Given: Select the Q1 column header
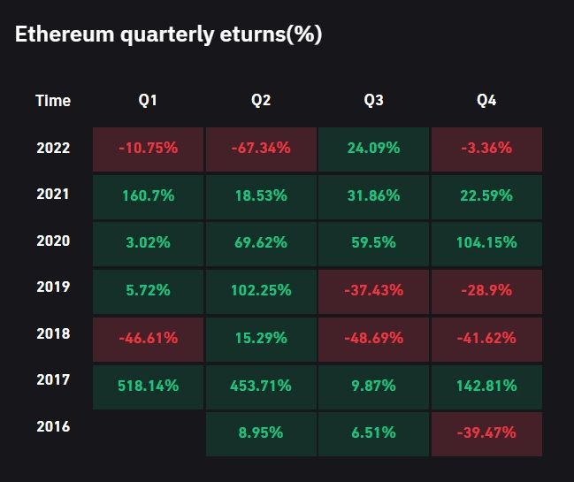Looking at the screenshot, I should (148, 101).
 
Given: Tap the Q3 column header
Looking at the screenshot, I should (373, 101).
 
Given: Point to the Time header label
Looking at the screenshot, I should (53, 101).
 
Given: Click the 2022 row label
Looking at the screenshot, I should (53, 148).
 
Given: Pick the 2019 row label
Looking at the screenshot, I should (53, 287).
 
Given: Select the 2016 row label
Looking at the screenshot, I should (53, 426).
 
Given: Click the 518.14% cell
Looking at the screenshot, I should (148, 386).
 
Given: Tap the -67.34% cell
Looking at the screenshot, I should (260, 148).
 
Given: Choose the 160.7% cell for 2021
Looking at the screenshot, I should (148, 195).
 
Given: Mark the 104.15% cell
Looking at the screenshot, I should (486, 241).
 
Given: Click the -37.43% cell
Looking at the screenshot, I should (373, 290).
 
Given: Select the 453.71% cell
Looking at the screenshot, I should (260, 386).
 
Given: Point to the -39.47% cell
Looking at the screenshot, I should (486, 433).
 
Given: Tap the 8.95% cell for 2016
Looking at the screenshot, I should (260, 433).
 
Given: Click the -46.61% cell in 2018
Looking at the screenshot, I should (148, 338).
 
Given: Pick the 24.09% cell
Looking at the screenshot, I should (373, 148).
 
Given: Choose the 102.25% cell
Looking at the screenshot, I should (260, 290).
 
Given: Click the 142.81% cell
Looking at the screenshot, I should (486, 386).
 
